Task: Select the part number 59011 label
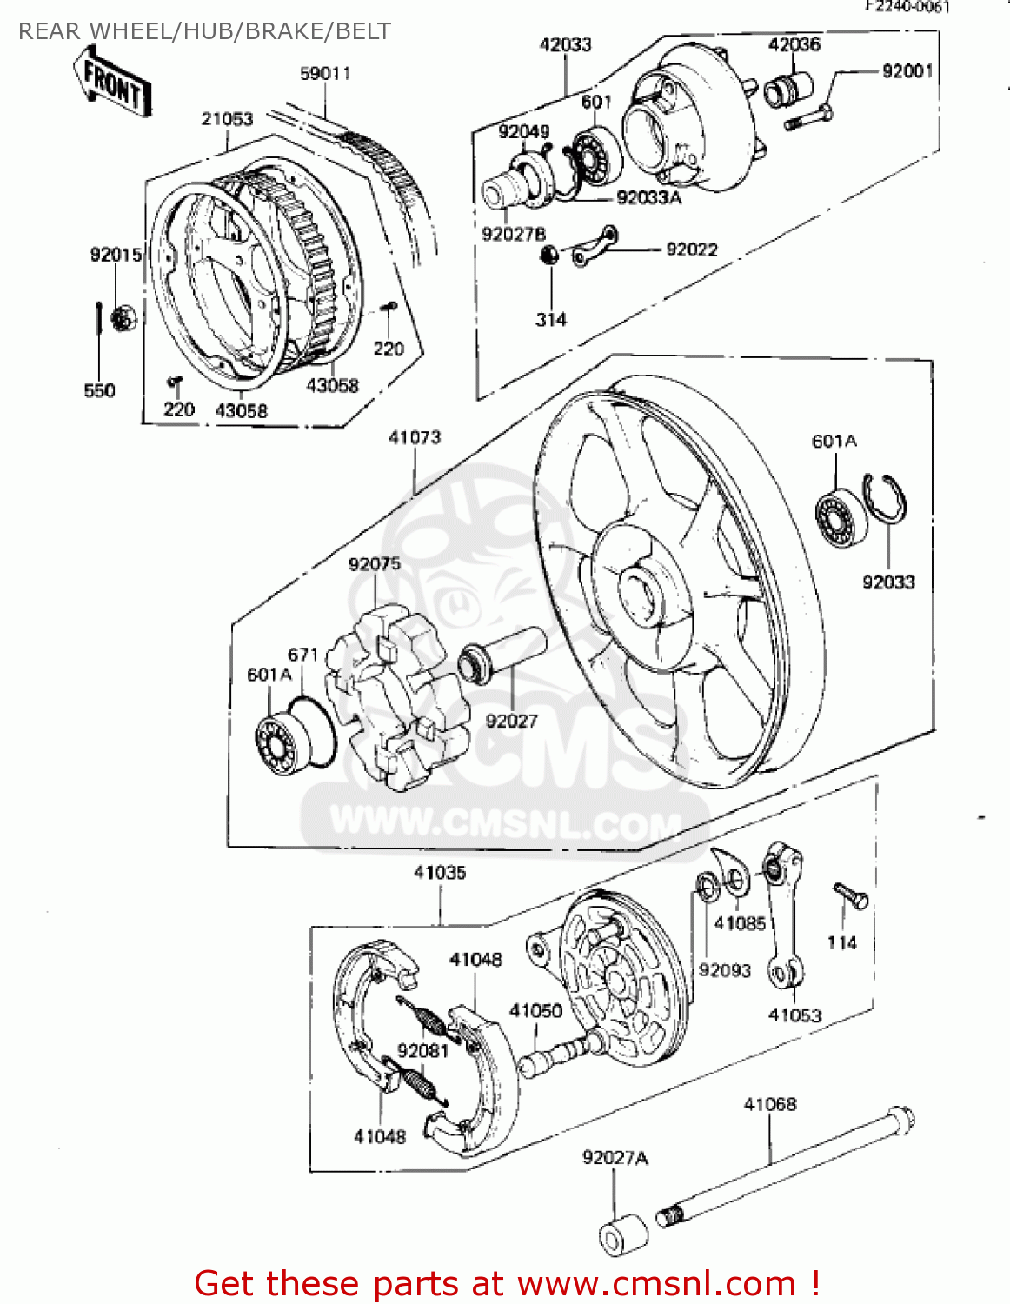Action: click(x=325, y=74)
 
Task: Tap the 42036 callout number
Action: click(x=794, y=44)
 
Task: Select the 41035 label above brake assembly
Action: click(x=440, y=872)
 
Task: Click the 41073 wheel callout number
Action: click(x=415, y=437)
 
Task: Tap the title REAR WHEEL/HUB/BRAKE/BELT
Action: click(x=204, y=31)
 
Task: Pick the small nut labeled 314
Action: click(x=548, y=256)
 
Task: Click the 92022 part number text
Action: click(x=692, y=250)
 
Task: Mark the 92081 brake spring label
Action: click(x=422, y=1051)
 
